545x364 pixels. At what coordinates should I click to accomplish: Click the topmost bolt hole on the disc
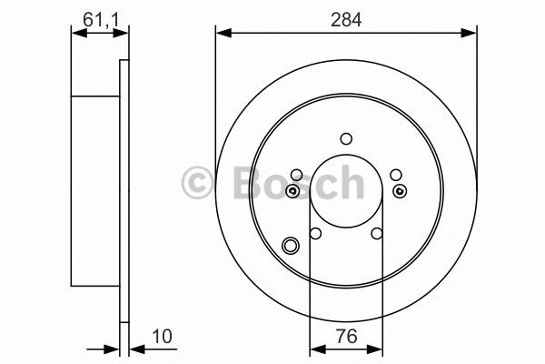click(346, 139)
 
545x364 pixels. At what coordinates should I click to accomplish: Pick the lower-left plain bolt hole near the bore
click(315, 235)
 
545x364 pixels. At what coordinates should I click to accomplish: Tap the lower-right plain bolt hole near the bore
click(377, 235)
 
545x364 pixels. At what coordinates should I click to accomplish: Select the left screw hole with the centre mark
click(292, 191)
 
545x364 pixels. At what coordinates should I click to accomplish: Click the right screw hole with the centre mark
click(401, 191)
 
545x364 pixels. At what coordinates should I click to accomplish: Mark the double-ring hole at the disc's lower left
click(292, 245)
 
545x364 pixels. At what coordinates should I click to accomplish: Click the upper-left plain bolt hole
click(296, 175)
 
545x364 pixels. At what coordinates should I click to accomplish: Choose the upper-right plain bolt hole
click(395, 175)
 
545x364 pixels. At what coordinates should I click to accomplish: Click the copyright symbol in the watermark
click(197, 183)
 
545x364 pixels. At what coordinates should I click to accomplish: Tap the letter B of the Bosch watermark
click(233, 183)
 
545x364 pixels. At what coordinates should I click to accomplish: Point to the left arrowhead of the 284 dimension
click(222, 34)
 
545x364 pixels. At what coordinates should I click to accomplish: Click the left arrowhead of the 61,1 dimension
click(76, 33)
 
